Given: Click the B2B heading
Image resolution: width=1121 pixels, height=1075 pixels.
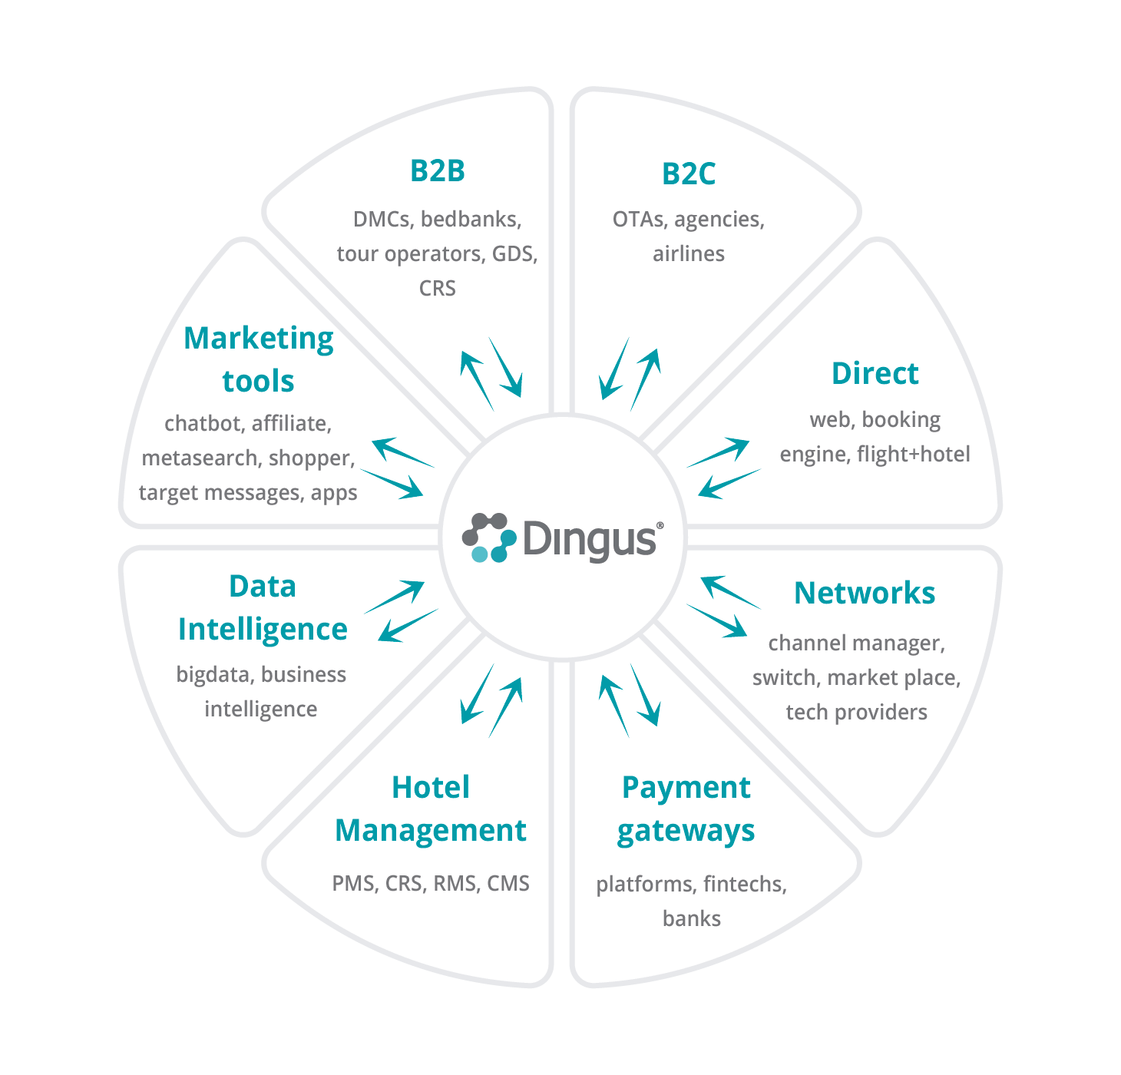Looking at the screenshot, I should [x=438, y=170].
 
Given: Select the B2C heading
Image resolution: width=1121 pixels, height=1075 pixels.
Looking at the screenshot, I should [x=689, y=174].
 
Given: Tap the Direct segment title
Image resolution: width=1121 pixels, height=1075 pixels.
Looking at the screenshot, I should [x=875, y=374].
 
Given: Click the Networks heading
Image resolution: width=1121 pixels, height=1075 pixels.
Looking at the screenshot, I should [x=865, y=593].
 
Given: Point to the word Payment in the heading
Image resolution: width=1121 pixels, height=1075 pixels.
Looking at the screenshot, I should [x=686, y=788].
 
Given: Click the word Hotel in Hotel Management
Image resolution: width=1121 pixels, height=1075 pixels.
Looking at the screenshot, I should [x=431, y=788].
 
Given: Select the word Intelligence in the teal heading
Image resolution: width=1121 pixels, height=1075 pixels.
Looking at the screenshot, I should [x=263, y=630].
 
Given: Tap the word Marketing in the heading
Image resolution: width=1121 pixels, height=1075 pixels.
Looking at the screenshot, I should [x=259, y=339].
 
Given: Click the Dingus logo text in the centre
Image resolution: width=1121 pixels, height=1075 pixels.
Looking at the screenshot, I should [x=590, y=539].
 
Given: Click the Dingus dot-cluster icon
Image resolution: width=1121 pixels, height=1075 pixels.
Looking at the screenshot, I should [x=489, y=537].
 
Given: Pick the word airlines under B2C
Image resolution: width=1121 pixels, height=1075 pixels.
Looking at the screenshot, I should [x=689, y=254].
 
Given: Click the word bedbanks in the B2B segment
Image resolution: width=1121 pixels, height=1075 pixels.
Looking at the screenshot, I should [x=471, y=220].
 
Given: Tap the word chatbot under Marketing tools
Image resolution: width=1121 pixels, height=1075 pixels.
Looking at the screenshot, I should [x=203, y=424].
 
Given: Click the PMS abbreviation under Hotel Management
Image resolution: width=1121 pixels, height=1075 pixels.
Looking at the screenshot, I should [x=354, y=884].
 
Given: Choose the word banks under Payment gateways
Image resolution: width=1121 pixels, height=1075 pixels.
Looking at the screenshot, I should [x=692, y=919].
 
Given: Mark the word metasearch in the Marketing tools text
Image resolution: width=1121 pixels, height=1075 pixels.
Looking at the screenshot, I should [x=200, y=458].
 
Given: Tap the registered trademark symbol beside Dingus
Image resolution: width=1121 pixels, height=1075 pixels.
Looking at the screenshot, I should [x=660, y=526].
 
